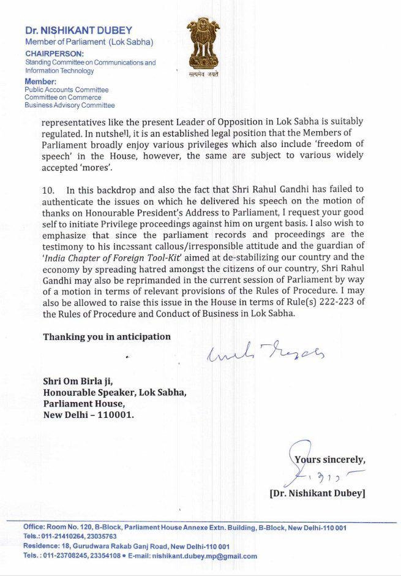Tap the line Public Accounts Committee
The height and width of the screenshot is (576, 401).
click(66, 89)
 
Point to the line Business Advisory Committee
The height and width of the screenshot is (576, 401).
click(69, 105)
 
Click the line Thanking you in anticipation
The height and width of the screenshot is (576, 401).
click(107, 336)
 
